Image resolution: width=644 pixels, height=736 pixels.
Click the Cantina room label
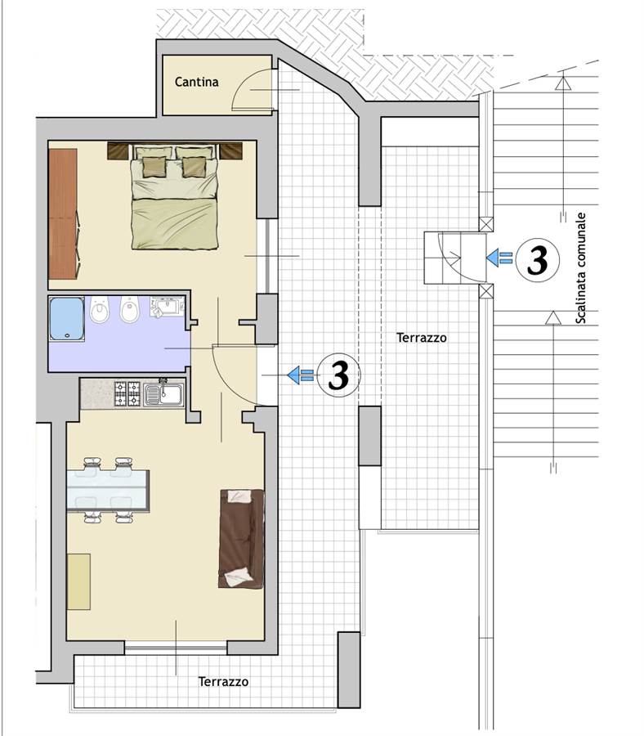[196, 82]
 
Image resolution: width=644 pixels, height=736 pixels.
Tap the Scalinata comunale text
[581, 268]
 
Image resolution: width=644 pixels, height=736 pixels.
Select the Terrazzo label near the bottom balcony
[223, 681]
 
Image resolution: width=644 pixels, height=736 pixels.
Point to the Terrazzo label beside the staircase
[421, 338]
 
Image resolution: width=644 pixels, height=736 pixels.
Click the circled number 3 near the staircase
[538, 260]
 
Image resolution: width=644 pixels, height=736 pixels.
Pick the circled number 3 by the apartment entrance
[338, 375]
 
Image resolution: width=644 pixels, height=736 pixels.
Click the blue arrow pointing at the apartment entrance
[300, 375]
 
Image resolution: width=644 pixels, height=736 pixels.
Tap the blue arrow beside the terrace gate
[499, 258]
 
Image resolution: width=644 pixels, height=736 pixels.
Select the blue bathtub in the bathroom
[66, 318]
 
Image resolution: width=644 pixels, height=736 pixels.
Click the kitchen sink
[164, 394]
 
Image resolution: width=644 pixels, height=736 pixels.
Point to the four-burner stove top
[127, 394]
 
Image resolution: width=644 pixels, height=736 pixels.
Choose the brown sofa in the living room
[242, 538]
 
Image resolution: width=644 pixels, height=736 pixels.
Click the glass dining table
[108, 490]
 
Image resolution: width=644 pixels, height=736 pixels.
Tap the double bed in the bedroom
[175, 196]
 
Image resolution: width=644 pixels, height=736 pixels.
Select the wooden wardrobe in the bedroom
[63, 213]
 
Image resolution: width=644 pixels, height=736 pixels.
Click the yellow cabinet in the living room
[78, 581]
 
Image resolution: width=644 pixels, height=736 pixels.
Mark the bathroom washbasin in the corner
[168, 306]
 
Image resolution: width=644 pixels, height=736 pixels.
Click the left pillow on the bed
[154, 167]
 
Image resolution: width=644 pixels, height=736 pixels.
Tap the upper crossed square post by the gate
[486, 224]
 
